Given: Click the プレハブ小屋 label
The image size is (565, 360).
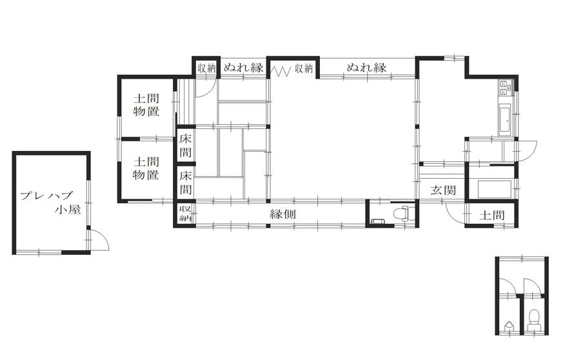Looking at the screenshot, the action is coord(50,203).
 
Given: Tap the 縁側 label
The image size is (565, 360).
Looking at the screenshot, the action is coord(283,214).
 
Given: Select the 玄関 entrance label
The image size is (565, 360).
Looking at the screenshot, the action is coord(444,190).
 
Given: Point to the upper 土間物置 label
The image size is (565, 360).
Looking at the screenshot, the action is coord(146,105).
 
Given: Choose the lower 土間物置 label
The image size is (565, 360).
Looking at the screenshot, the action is coord(146,168).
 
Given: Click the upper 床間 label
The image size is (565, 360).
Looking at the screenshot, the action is coord(186,145).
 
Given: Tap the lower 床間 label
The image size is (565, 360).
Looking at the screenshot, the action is coord(186,183).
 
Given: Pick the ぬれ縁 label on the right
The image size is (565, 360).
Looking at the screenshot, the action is coord(366,67).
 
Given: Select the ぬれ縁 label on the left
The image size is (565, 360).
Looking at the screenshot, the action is coord(244,67).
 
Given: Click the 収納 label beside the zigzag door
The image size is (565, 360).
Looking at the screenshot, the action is coord(304,68).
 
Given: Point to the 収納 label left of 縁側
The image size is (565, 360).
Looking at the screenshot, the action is coord(185,214).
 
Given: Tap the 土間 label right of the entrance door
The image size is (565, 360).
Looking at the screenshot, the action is coord(491,215).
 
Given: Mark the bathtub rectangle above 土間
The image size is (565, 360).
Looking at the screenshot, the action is coord(494,189).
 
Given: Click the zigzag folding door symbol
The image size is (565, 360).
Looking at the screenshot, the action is coord(281,70).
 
